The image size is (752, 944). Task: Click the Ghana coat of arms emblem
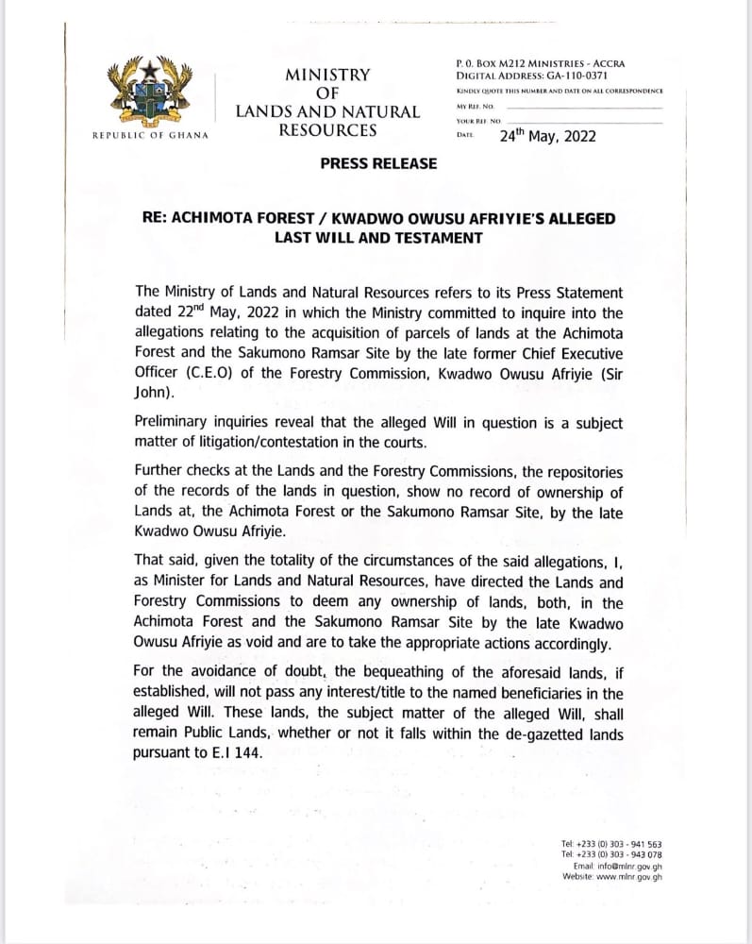[149, 94]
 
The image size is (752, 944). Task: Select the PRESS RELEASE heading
[378, 163]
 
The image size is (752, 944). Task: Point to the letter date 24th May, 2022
[547, 136]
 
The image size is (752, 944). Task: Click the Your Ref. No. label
[478, 121]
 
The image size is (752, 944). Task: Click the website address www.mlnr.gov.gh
[628, 876]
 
